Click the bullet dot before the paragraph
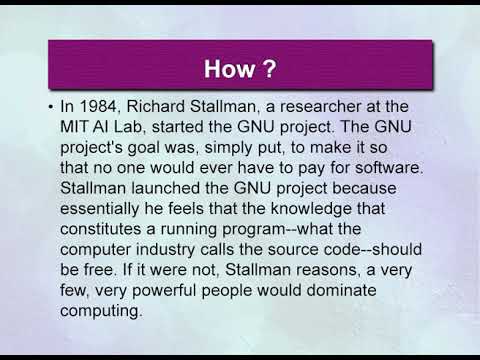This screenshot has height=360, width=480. [x=51, y=107]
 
